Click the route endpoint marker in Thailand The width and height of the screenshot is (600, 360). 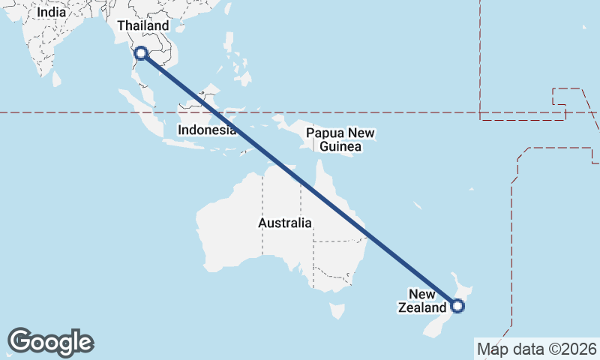tap(140, 53)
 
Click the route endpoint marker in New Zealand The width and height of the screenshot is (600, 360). tap(457, 305)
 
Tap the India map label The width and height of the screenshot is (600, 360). tap(51, 12)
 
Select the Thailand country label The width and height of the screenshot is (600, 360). tap(143, 26)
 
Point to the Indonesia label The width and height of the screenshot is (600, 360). tap(207, 130)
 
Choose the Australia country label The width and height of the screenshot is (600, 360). tap(284, 223)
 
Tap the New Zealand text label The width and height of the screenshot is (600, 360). tap(422, 300)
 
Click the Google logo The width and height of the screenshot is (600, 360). tap(51, 342)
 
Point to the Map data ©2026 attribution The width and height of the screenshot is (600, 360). tap(537, 349)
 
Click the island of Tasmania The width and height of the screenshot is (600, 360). tap(337, 310)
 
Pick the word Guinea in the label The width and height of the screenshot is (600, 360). tap(340, 147)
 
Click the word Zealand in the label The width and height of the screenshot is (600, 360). tap(422, 307)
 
